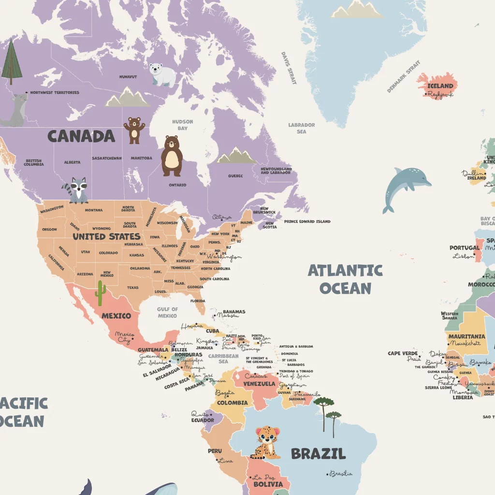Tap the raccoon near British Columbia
tap(76, 190)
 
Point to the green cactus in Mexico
tap(100, 293)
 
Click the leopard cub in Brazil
tap(266, 442)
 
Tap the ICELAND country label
tap(440, 86)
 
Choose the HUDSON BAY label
tap(182, 125)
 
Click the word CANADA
tap(81, 136)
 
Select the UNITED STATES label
tap(106, 236)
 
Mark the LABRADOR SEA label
tap(302, 128)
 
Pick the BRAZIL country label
tap(318, 453)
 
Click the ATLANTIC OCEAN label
tap(345, 279)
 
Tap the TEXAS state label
tap(133, 288)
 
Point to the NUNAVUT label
tap(128, 77)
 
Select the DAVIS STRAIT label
tap(289, 68)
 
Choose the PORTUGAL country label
tap(465, 248)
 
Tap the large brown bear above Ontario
tap(172, 156)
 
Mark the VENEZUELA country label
tap(259, 384)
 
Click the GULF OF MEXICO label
tap(167, 312)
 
